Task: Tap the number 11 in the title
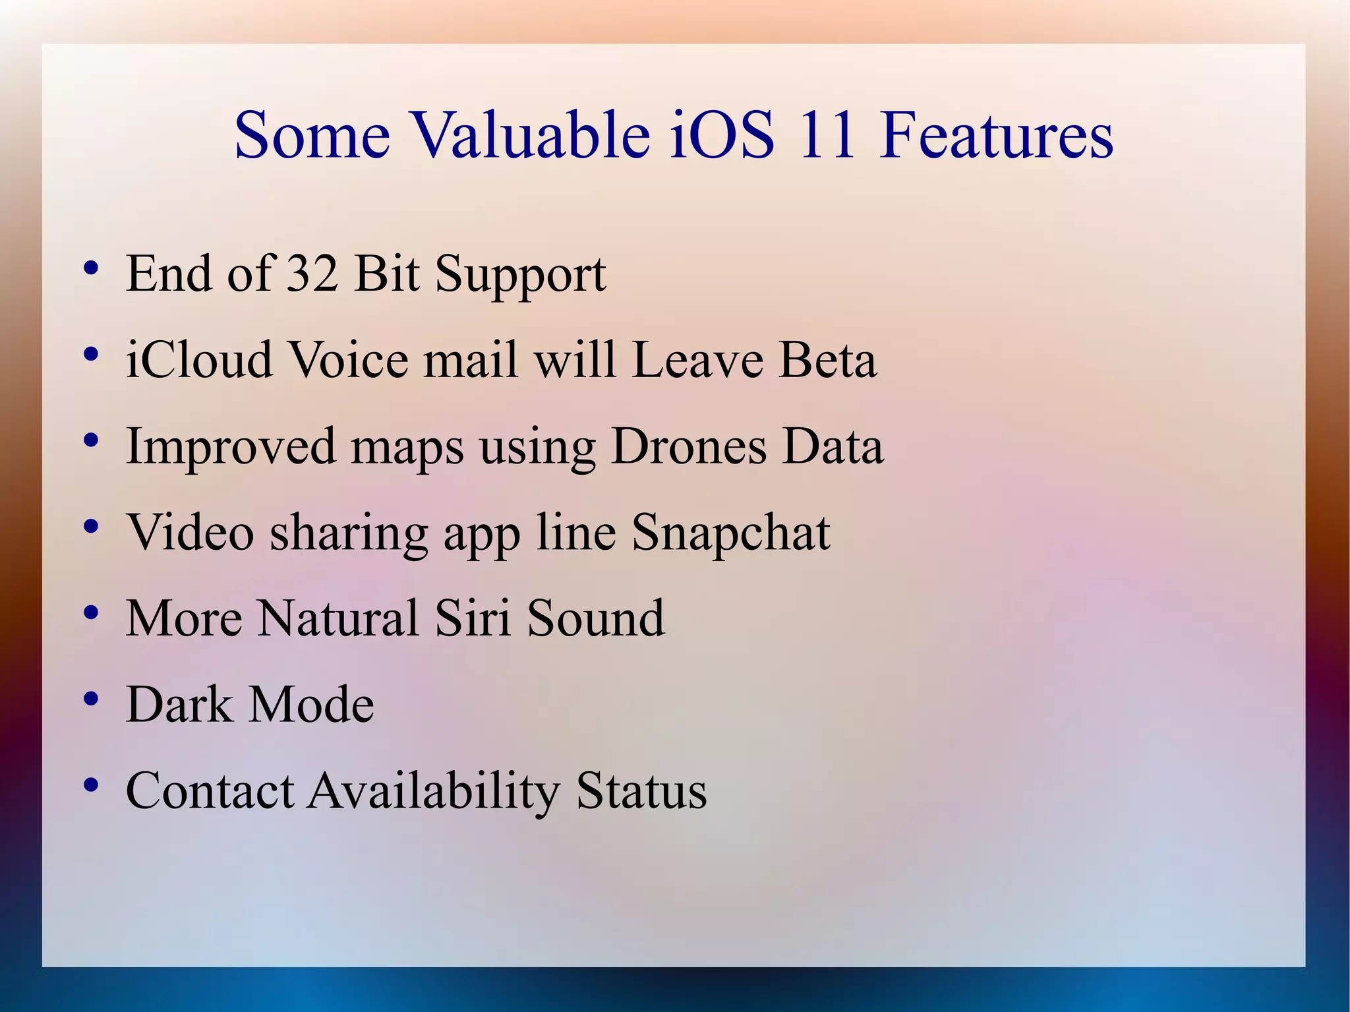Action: pos(827,136)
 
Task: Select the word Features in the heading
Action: pos(996,136)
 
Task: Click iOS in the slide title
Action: pos(722,136)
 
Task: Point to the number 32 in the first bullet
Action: pos(312,274)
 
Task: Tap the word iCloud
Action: pos(199,361)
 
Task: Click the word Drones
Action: pos(689,447)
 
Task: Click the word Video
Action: pos(191,533)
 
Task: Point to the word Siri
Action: pos(473,619)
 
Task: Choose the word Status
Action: pos(641,791)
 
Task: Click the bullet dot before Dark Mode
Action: pos(92,699)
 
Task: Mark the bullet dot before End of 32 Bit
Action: pos(92,268)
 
